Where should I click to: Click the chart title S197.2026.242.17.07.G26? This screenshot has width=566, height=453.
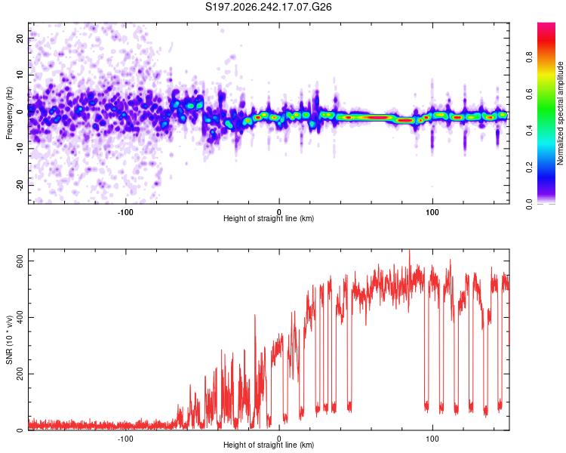coord(268,7)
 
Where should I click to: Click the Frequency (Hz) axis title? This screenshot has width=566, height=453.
coord(9,113)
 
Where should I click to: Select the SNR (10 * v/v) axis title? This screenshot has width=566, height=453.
coord(9,340)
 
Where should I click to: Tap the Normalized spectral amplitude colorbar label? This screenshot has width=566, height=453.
coord(560,113)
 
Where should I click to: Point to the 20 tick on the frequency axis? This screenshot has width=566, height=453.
coord(20,38)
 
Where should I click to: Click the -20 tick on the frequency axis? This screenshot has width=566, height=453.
coord(20,185)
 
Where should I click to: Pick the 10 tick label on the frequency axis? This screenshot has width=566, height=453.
coord(20,75)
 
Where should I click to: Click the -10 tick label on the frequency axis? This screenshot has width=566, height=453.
coord(20,149)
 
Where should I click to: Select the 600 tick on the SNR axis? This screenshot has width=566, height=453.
coord(20,260)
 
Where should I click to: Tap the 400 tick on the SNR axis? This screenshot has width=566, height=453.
coord(20,317)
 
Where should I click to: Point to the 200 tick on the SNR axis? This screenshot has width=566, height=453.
coord(20,374)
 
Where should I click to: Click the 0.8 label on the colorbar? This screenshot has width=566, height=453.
coord(529,57)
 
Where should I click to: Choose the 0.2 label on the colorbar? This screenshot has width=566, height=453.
coord(529,168)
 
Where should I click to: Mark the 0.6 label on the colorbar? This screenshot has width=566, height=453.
coord(529,94)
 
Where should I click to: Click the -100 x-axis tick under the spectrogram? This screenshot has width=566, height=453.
coord(125,212)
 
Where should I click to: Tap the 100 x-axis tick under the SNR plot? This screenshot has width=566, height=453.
coord(432,439)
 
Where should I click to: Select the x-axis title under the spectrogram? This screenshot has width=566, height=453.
coord(269,218)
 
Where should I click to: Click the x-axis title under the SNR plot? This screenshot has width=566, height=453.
coord(269,445)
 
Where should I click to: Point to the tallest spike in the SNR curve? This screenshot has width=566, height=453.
coord(409,251)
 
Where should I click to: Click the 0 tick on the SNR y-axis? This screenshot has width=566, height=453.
coord(20,430)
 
